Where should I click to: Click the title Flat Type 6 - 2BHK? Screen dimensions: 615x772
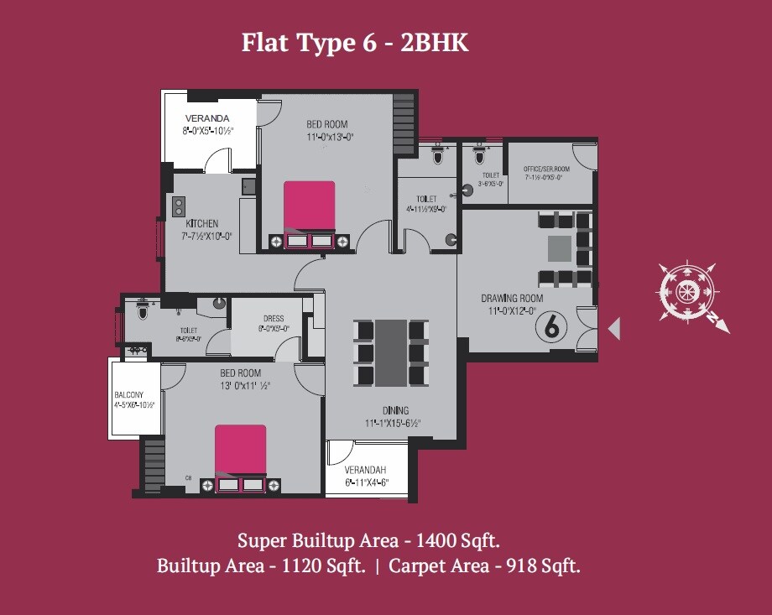355,42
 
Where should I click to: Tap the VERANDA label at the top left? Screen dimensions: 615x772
206,118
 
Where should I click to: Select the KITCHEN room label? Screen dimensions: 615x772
201,224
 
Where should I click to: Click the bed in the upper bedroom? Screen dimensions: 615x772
309,206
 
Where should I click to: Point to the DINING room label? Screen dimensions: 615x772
395,410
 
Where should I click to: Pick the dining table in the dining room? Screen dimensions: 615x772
389,352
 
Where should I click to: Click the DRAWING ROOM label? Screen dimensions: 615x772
511,299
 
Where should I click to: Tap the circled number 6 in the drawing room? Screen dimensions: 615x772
551,326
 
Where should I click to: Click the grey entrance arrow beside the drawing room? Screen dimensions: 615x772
614,328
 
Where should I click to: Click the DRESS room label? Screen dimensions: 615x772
273,319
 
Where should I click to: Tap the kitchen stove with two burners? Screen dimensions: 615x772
179,206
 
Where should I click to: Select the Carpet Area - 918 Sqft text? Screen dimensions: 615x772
484,566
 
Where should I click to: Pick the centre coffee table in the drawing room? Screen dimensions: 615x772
560,249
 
